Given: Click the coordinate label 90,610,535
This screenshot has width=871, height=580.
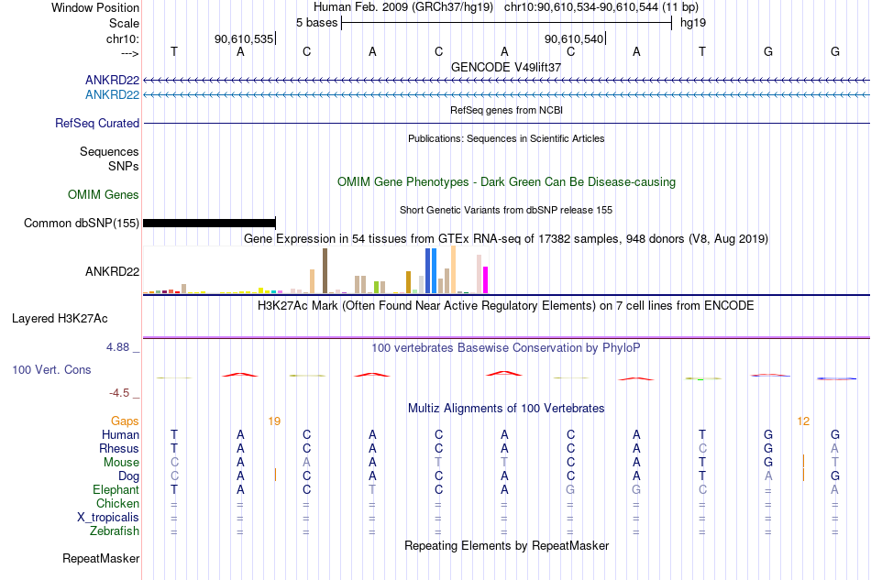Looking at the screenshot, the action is [x=244, y=38].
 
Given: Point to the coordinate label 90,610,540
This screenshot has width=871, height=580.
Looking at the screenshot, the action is [x=574, y=38].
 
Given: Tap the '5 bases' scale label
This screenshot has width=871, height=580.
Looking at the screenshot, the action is [x=316, y=23].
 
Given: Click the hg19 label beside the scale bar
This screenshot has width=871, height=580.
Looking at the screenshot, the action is [x=693, y=23].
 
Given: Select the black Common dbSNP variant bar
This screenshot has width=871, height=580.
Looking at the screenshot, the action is [x=209, y=224].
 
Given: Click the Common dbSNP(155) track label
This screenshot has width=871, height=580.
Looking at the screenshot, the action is [x=81, y=224].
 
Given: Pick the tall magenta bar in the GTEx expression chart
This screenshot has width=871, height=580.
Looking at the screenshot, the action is [x=486, y=279].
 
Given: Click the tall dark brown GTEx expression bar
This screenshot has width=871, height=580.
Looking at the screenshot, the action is [x=325, y=271].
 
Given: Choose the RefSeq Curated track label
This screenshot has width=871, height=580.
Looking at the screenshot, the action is [x=97, y=123].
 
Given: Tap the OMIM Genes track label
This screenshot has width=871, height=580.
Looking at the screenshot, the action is [x=104, y=195].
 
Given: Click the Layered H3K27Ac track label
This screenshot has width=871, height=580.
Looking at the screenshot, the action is [x=60, y=319].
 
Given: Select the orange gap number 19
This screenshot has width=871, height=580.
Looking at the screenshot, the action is [x=274, y=421].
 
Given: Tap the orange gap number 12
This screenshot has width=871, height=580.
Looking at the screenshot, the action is [x=803, y=421].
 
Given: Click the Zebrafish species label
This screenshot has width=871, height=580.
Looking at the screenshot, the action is [x=115, y=531].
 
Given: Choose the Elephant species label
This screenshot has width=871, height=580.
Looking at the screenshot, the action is [x=116, y=490].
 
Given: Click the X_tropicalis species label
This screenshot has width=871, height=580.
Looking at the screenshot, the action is [x=108, y=518].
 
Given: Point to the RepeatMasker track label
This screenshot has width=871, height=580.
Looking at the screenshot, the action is [x=101, y=558].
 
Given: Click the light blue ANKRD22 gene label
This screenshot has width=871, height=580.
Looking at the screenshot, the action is [x=112, y=95].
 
